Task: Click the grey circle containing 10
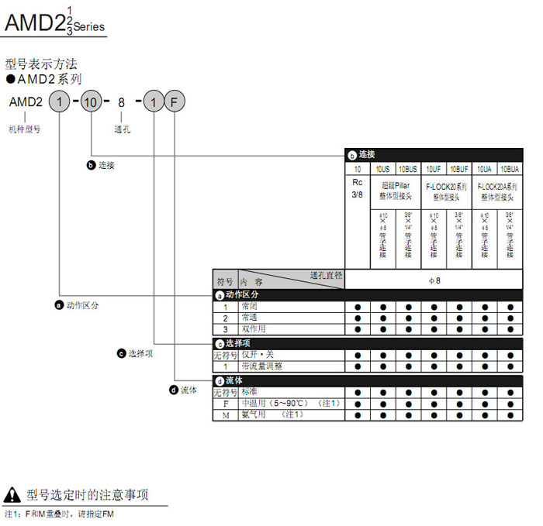[92, 101]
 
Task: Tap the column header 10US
[383, 168]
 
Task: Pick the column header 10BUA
[510, 168]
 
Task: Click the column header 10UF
[434, 168]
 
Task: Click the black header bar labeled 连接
[434, 154]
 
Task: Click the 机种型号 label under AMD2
[25, 129]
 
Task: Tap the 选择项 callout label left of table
[140, 353]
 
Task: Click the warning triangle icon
[12, 494]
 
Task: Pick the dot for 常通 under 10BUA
[510, 318]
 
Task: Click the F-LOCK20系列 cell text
[446, 187]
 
